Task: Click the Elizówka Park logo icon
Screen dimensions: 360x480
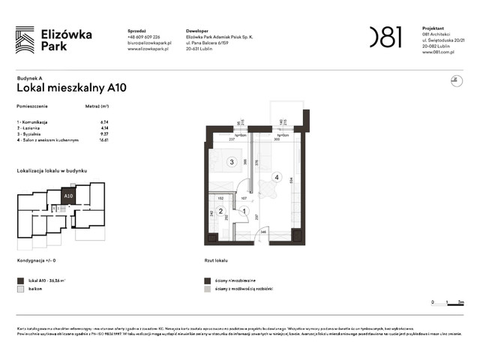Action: (x=25, y=39)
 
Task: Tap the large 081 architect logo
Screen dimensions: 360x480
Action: (x=385, y=37)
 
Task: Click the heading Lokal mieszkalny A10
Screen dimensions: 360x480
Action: (x=71, y=88)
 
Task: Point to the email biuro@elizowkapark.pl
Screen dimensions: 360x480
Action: (x=149, y=43)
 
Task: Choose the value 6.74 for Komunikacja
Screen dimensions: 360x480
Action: (x=104, y=121)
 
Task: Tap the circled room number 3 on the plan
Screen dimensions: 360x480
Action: (x=232, y=161)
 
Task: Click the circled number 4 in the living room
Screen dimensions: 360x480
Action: (x=277, y=178)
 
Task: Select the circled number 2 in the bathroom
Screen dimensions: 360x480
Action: (x=220, y=211)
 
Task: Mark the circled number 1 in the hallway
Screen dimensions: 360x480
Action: (x=244, y=211)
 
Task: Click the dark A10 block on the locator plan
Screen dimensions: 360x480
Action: (x=68, y=196)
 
